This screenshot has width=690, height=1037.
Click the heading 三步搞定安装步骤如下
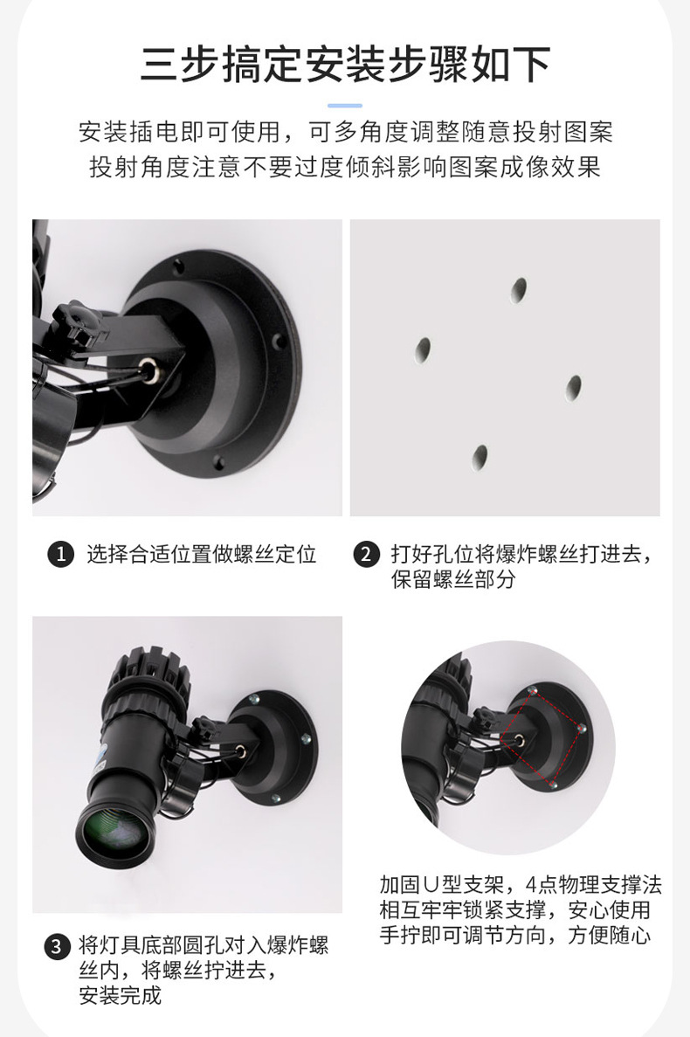(x=345, y=64)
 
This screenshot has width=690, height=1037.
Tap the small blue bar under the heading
(x=345, y=105)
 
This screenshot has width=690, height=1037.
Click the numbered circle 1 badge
(x=59, y=554)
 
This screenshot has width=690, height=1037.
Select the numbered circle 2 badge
(x=366, y=554)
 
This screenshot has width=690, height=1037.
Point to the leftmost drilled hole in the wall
(x=424, y=349)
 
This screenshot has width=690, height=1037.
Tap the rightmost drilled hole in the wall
(x=574, y=386)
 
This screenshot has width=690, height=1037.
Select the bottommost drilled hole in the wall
(x=480, y=455)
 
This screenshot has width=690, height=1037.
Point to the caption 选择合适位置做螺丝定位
(x=201, y=554)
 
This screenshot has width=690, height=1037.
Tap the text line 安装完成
(x=121, y=995)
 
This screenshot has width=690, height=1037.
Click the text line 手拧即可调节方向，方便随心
(x=515, y=936)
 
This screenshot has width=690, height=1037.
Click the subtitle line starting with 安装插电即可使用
(x=345, y=133)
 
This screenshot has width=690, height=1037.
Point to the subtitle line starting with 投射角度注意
(x=345, y=168)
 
